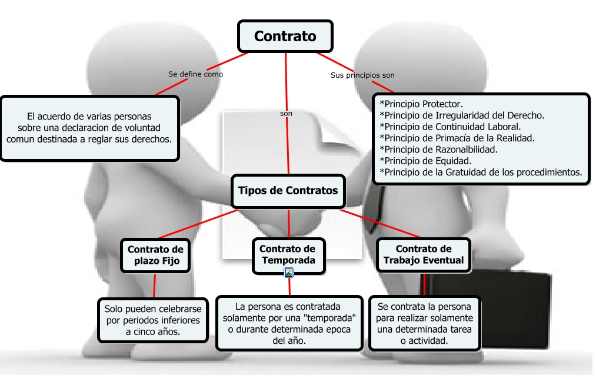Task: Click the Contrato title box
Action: (x=285, y=37)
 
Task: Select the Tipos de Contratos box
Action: (x=288, y=191)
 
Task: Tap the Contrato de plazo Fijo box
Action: (x=156, y=255)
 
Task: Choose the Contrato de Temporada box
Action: (x=288, y=254)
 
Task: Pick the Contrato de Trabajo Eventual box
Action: (x=424, y=254)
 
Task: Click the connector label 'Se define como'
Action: (x=195, y=74)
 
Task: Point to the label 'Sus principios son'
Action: (x=362, y=75)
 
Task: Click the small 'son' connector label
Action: (x=286, y=114)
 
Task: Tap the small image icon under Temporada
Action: (x=289, y=272)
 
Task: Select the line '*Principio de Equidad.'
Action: (x=425, y=161)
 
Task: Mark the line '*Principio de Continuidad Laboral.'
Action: (x=450, y=127)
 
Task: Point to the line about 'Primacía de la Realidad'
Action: (x=457, y=138)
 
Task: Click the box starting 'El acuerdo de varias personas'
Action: (x=89, y=128)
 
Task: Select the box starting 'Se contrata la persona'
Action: (x=424, y=323)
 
